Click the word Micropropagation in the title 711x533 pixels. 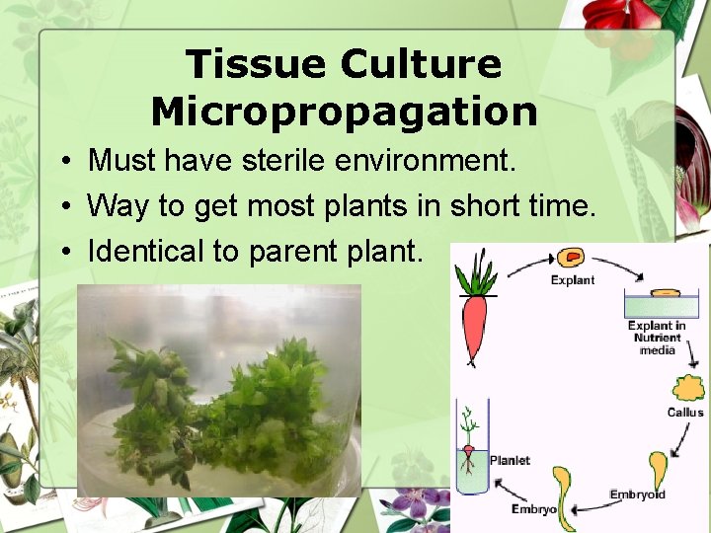point(344,112)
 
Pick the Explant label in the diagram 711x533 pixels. point(573,280)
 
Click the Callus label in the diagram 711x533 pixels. point(684,412)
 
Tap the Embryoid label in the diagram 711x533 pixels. point(638,495)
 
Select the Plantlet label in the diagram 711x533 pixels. point(510,460)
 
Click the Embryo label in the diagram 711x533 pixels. point(534,509)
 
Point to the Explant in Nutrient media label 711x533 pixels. point(657,338)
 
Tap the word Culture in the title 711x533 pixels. point(421,65)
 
